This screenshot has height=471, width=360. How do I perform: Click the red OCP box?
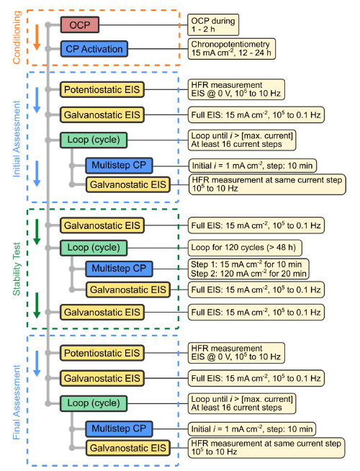[80, 24]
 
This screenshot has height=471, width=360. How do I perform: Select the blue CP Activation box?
[94, 49]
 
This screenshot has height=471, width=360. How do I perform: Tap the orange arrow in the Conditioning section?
[37, 37]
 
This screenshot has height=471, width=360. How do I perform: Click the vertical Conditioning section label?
[17, 37]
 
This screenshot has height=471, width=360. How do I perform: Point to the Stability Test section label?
[17, 269]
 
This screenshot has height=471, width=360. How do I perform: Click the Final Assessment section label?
[17, 402]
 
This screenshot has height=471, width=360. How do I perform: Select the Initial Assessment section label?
[17, 139]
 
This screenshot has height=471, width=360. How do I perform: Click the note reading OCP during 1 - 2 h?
[213, 24]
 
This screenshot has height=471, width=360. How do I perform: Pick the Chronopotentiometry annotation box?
[232, 49]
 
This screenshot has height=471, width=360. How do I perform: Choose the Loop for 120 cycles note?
[245, 248]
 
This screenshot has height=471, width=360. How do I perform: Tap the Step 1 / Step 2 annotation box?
[248, 269]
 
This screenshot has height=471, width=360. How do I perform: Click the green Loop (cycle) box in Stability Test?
[94, 248]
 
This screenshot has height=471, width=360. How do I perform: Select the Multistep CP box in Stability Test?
[119, 269]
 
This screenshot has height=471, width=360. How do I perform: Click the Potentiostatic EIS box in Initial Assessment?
[102, 89]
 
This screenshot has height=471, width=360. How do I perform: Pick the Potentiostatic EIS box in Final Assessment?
[102, 353]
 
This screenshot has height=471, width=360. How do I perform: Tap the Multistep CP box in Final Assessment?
[119, 429]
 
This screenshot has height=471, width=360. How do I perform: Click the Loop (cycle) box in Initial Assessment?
[94, 140]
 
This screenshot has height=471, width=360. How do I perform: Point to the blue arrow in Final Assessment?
[37, 364]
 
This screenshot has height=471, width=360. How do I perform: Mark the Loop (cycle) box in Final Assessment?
[94, 403]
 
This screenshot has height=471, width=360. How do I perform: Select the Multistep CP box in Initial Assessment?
[119, 165]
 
